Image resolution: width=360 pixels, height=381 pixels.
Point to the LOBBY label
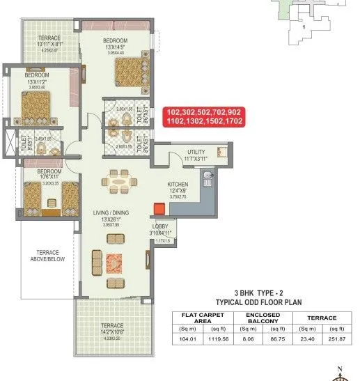coord(160,227)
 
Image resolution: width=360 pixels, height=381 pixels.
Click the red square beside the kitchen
coord(159,208)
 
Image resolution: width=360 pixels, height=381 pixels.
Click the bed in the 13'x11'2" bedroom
coord(31,108)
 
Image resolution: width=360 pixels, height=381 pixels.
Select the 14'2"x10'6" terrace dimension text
coord(112,332)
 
